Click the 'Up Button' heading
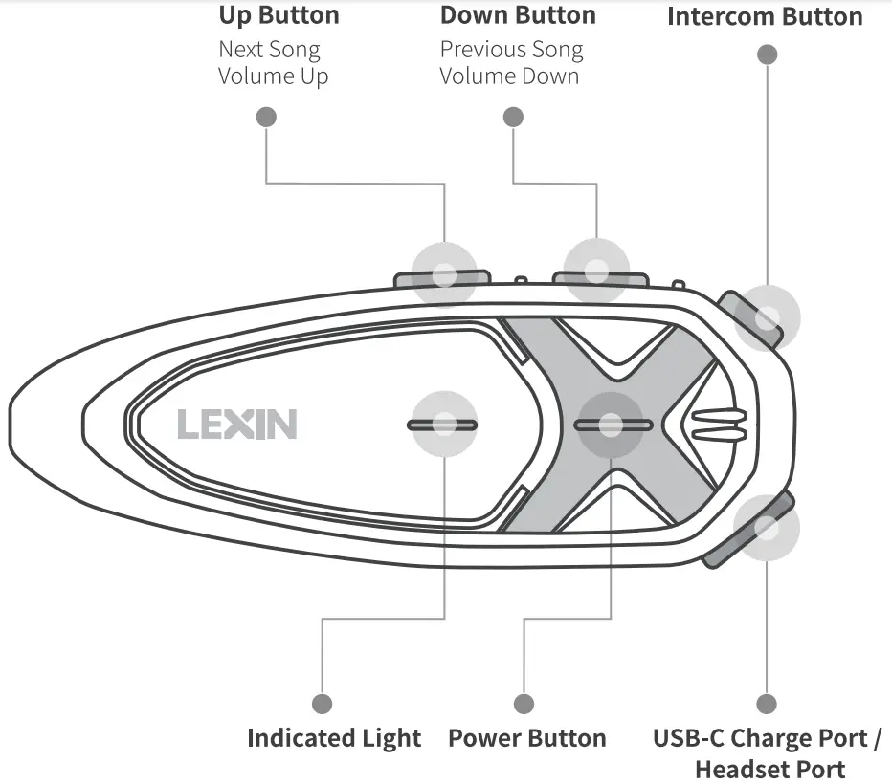coord(279,16)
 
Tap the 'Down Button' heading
coord(517,16)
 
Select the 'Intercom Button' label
coord(764,17)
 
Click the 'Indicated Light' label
coord(333,738)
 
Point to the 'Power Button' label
coord(526,738)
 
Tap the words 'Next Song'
coord(269,50)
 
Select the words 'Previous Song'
coord(511,50)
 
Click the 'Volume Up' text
coord(273,76)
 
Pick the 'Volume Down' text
coord(509,76)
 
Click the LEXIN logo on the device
coord(236,425)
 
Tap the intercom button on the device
coord(766,317)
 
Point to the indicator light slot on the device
coord(442,425)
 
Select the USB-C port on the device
coord(766,528)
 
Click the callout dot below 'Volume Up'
coord(266,117)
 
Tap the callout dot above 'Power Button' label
coord(524,705)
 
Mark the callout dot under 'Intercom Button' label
coord(767,54)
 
